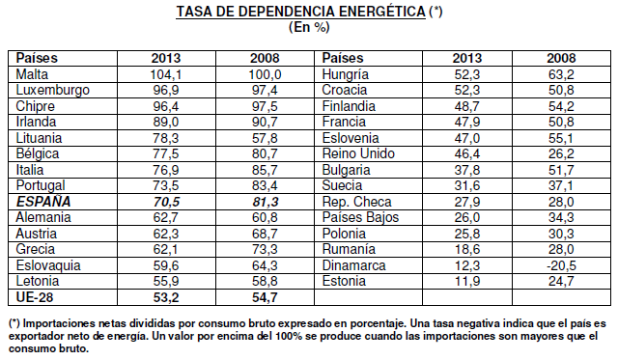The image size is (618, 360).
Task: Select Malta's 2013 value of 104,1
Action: pyautogui.click(x=142, y=73)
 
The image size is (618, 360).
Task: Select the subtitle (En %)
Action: pyautogui.click(x=308, y=28)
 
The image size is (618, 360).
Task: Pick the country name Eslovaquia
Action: pyautogui.click(x=50, y=264)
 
